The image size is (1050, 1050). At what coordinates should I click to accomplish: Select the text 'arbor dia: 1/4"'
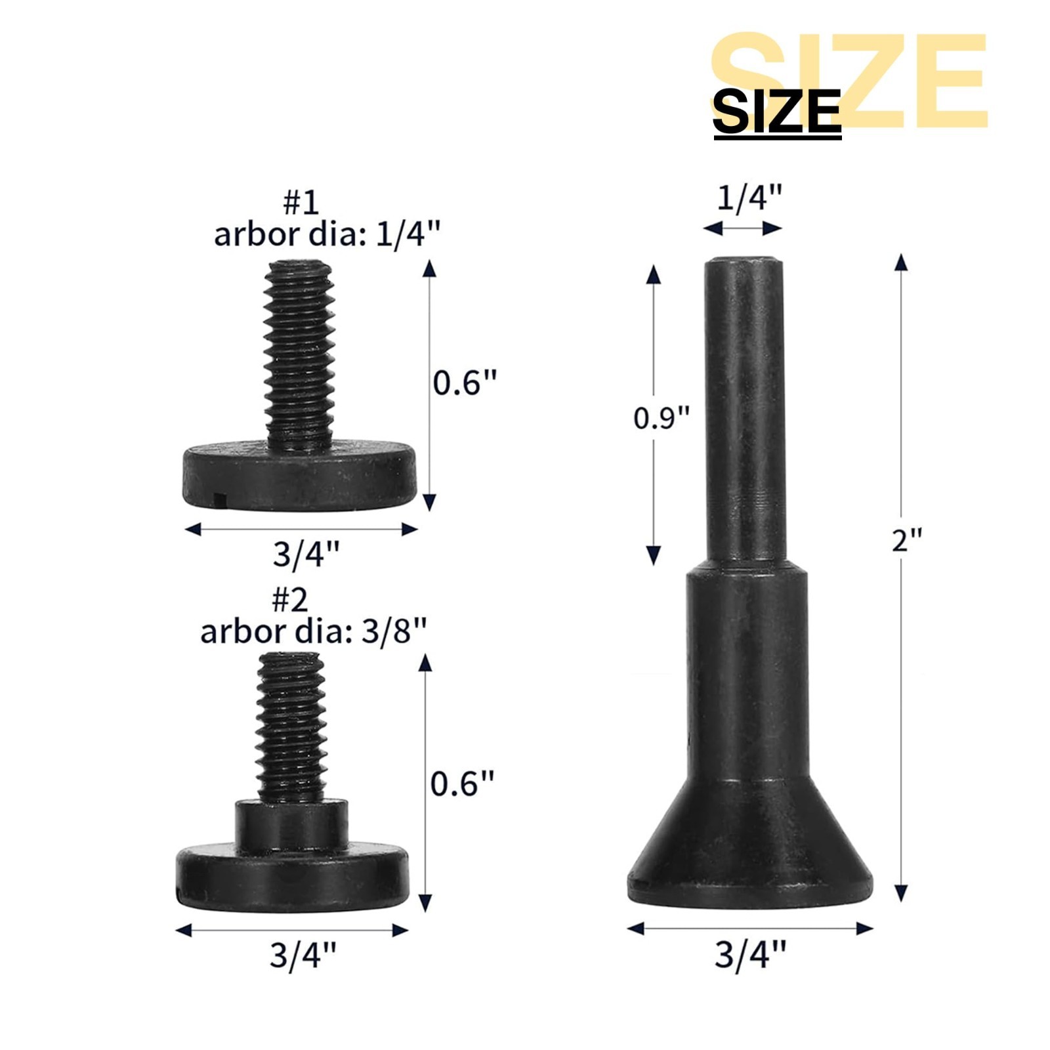point(327,234)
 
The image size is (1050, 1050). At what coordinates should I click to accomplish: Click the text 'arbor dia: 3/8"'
point(313,631)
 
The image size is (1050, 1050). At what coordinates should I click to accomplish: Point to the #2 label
point(289,598)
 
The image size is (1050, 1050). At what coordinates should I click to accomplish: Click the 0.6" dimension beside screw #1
point(465,382)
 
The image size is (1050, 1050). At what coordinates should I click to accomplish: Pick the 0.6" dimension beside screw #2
point(462,783)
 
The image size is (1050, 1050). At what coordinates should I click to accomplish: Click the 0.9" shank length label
point(661,417)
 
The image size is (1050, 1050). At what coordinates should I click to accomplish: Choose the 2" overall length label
point(907,540)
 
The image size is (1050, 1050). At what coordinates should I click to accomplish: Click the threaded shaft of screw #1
point(299,354)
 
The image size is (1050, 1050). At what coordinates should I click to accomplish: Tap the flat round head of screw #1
point(299,475)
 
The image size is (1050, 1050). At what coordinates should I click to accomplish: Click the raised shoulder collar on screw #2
point(291,823)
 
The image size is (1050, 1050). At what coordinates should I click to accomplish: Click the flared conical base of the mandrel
point(749,847)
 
